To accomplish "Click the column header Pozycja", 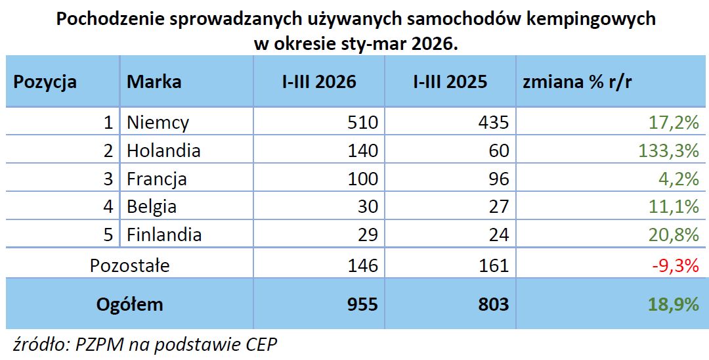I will [45, 82].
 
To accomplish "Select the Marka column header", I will [154, 82].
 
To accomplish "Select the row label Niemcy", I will [158, 122].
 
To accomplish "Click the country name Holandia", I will [163, 150].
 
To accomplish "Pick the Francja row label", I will [157, 179].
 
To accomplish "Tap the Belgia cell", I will [152, 206].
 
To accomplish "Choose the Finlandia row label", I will [164, 235].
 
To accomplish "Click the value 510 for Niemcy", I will [363, 122].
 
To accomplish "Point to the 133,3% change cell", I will [668, 150].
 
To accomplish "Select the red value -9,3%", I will [677, 265].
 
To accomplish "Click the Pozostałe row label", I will [129, 265].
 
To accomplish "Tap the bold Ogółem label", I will [129, 304].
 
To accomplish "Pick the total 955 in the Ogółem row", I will [363, 304].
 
